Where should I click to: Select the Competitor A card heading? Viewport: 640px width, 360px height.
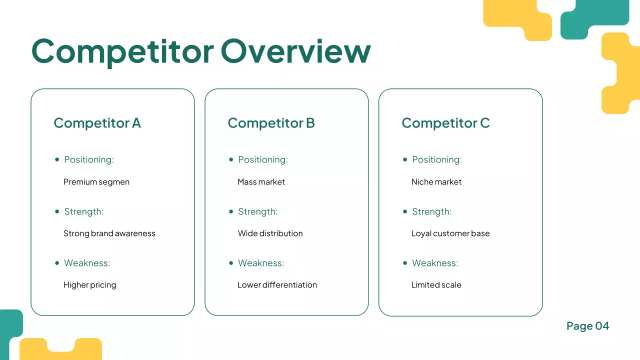[97, 123]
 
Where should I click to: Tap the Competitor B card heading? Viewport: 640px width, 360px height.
[271, 123]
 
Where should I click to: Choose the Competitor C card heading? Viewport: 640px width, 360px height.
[445, 123]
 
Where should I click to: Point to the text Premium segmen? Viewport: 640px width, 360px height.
[96, 182]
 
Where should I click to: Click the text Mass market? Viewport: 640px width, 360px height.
[261, 182]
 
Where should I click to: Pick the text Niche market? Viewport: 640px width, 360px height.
[436, 182]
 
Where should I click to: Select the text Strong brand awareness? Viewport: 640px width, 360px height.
[109, 233]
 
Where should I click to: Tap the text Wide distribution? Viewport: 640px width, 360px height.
[270, 233]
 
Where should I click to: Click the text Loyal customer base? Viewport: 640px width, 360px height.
[450, 233]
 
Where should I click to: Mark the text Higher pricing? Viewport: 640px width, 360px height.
[90, 285]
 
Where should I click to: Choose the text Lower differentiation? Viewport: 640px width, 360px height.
[277, 285]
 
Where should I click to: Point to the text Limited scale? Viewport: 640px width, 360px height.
[436, 285]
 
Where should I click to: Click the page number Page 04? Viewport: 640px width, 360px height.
[587, 326]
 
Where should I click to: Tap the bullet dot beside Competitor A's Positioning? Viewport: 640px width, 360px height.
[57, 159]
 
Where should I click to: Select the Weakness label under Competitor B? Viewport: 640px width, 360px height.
[261, 263]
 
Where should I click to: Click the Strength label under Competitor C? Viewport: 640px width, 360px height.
[431, 211]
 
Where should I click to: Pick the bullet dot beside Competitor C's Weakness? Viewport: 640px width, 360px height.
[405, 263]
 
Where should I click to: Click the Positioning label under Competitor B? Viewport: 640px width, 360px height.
[263, 159]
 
